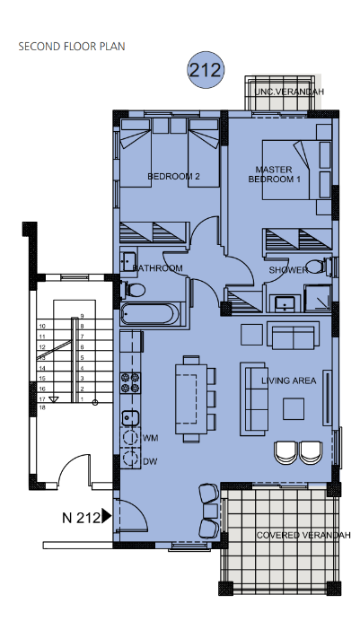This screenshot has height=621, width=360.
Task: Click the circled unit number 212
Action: (x=206, y=70)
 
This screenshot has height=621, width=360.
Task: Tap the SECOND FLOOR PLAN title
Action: (x=72, y=47)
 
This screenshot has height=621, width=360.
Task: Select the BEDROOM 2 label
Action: (x=173, y=176)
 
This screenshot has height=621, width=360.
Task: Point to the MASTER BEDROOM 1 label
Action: (x=274, y=174)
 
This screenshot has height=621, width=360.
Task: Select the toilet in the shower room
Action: (x=320, y=266)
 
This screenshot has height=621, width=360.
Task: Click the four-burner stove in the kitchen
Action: (x=131, y=382)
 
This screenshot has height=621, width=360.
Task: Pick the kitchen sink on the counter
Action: (x=130, y=417)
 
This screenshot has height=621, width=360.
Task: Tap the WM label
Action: (x=150, y=438)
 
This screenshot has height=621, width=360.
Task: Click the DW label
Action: (x=150, y=461)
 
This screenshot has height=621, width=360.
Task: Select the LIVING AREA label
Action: (x=289, y=380)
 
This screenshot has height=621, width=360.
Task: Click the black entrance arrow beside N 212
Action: (x=107, y=516)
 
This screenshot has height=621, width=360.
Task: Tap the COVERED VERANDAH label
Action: (x=303, y=535)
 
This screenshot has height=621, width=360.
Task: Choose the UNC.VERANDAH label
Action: (x=289, y=92)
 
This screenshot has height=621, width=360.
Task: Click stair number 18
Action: (x=42, y=407)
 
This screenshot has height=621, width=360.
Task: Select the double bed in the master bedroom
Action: (x=296, y=170)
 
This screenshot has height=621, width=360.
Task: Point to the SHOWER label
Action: (x=288, y=270)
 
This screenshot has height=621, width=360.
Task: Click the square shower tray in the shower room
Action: (x=317, y=297)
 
